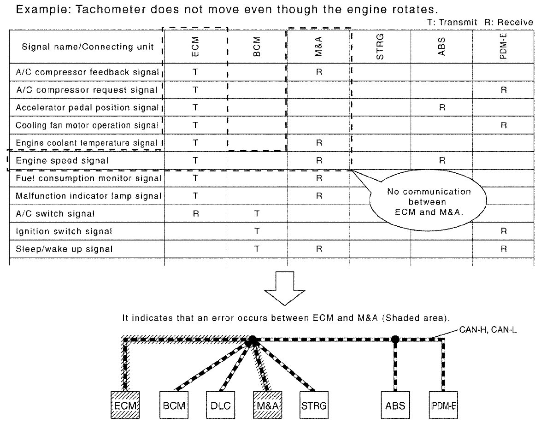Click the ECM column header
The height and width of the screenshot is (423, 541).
195,47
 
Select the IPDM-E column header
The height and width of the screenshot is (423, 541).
503,47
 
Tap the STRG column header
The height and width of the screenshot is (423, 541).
380,47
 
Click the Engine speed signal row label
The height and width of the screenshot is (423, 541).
62,161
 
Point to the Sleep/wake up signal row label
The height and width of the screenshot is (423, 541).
64,249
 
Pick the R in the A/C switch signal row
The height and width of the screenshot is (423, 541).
195,214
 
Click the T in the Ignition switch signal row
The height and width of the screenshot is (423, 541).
257,231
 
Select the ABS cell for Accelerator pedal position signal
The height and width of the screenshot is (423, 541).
441,108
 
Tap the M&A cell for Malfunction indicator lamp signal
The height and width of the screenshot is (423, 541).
318,196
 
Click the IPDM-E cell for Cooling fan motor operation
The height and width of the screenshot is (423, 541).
503,125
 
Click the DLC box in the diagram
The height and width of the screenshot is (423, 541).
219,406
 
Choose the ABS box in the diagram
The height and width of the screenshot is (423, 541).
395,406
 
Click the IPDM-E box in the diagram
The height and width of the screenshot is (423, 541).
443,406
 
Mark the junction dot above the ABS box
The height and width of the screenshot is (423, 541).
395,340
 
